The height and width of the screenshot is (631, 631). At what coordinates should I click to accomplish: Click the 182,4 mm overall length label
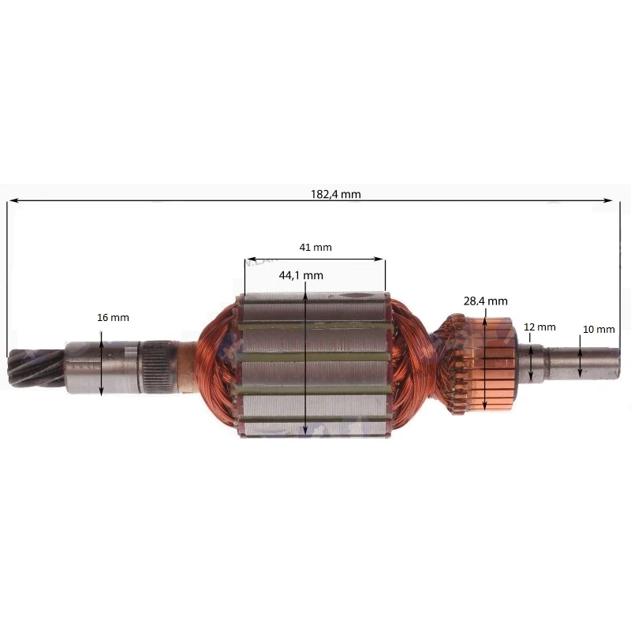tap(336, 194)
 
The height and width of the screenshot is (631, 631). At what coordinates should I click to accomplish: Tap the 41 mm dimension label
tap(315, 247)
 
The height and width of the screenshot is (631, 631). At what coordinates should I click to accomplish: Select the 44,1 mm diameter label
tap(301, 275)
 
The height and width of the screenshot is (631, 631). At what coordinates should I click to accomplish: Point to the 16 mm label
tap(113, 318)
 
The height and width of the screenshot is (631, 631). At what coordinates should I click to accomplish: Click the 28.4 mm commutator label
tap(485, 301)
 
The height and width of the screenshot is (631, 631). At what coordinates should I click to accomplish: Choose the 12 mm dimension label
tap(540, 327)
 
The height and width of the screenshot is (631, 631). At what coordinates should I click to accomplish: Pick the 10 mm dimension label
tap(599, 330)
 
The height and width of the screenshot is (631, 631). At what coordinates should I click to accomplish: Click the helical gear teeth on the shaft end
tap(36, 368)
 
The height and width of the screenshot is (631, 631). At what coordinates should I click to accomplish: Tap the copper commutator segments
tap(495, 364)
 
